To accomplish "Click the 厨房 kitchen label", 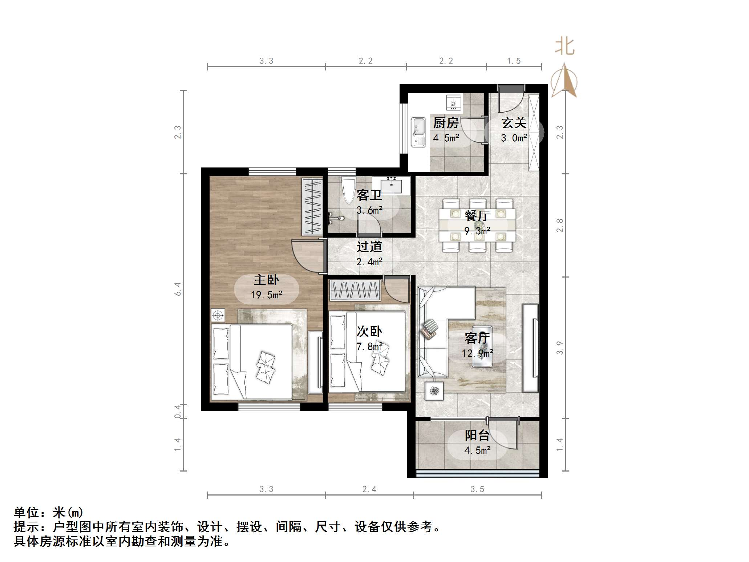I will click(446, 123).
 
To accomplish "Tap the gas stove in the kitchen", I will click(453, 102).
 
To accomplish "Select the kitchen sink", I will click(418, 132).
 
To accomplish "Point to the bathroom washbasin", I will click(391, 185).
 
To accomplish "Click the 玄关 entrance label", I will click(514, 123).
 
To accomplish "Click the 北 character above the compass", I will click(564, 47).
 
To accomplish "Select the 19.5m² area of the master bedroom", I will click(266, 295).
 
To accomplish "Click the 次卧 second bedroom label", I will click(369, 331).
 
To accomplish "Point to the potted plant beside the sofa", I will click(434, 391).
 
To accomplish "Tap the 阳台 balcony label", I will click(477, 435).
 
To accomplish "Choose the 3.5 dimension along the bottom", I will click(477, 489).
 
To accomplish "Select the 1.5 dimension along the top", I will click(514, 61).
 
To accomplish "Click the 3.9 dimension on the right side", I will click(560, 348).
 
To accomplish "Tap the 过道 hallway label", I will click(369, 247).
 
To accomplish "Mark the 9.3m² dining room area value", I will click(477, 231).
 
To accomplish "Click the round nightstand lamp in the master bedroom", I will click(218, 315).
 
